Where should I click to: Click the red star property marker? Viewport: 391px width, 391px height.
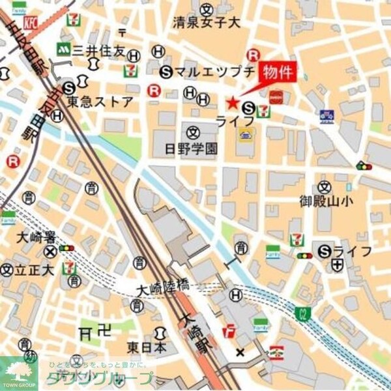click(x=232, y=102)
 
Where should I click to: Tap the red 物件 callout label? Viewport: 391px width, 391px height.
click(x=277, y=72)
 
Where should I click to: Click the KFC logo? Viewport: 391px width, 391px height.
click(x=30, y=23)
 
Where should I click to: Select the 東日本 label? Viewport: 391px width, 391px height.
click(x=147, y=347)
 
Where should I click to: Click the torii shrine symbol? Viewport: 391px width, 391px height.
click(x=86, y=332)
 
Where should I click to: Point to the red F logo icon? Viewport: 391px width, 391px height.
click(x=229, y=331)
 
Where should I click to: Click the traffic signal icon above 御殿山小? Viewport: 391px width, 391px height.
click(x=364, y=166)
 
